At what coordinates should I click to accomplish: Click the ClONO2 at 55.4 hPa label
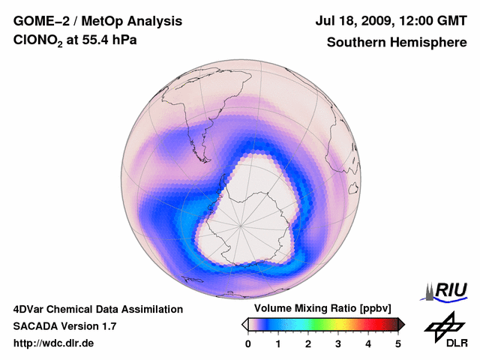[76, 42]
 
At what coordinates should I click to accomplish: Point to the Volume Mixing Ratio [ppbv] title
[322, 308]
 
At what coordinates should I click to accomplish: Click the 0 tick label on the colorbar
[248, 343]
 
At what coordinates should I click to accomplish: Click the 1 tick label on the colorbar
[278, 343]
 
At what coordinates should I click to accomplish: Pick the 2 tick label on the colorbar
[308, 343]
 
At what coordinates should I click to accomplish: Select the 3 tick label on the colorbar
[338, 343]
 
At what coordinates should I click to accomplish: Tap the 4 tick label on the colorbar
[368, 343]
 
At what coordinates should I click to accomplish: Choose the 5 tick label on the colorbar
[398, 343]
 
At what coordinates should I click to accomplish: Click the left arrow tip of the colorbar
[244, 324]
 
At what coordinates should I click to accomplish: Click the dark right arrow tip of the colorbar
[402, 324]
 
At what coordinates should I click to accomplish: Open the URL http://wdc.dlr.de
[53, 343]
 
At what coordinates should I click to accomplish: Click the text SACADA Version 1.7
[64, 326]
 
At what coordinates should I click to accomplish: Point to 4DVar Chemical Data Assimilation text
[97, 309]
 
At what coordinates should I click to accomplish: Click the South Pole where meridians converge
[241, 224]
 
